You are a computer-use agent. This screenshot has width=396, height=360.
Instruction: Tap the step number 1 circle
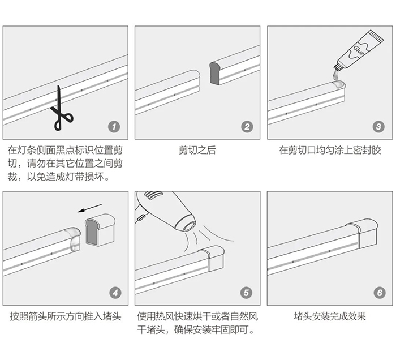[115, 127]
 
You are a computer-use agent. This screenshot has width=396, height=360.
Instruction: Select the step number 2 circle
[247, 127]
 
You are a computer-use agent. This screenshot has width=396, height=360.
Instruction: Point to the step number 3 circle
[378, 127]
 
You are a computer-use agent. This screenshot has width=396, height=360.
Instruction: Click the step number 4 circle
[115, 293]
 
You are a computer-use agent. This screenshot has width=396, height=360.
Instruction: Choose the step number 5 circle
[247, 293]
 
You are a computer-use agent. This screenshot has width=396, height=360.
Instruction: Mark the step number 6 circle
[378, 293]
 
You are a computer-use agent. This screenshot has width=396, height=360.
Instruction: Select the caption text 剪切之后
[197, 151]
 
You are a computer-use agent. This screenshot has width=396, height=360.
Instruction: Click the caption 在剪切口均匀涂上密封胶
[330, 151]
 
